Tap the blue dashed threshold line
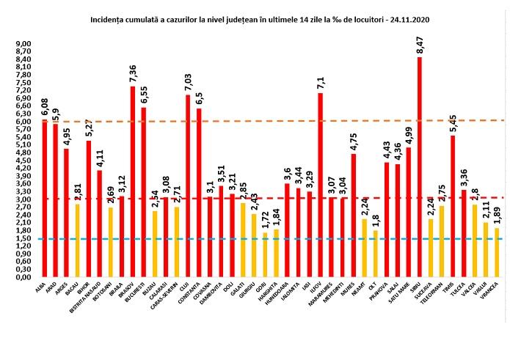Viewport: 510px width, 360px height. point(220,239)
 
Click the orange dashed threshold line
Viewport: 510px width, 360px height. point(220,121)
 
